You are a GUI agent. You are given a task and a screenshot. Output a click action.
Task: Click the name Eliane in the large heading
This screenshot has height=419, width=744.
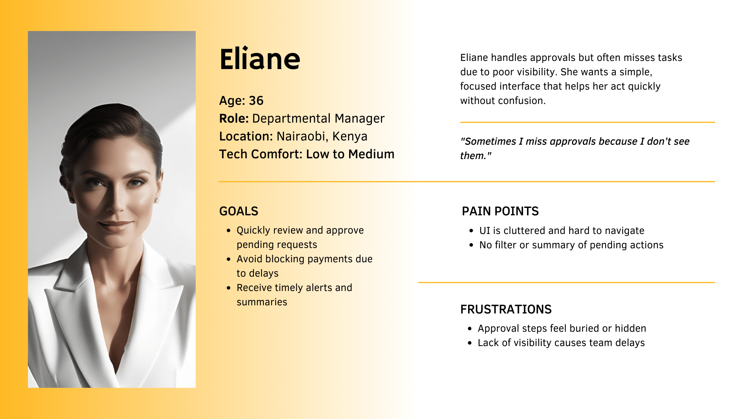coord(260,59)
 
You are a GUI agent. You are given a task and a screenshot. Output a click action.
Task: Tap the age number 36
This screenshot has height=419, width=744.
coord(256,100)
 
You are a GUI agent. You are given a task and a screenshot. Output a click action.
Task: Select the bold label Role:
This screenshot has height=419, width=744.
coord(234,118)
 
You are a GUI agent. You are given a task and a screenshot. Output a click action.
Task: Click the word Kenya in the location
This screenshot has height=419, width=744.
coord(350,136)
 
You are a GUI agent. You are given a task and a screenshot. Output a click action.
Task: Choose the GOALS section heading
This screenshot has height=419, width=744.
coord(239,211)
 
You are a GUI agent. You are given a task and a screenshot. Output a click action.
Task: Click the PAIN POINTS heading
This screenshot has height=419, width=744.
coord(500,211)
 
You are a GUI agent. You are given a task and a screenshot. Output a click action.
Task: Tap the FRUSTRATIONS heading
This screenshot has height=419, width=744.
coord(506,309)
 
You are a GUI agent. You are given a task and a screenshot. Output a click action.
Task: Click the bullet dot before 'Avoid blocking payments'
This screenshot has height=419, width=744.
coord(229,259)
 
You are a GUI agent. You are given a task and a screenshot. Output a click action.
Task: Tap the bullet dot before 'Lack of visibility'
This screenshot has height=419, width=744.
coord(470,343)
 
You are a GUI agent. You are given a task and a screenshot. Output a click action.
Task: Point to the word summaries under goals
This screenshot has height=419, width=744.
coord(262,302)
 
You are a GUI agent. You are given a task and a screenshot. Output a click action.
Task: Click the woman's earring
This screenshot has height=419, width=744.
coord(157,200)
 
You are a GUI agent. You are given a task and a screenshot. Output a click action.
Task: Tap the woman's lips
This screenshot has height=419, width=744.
coord(115,225)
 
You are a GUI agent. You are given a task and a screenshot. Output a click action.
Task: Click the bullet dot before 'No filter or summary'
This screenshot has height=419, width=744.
coord(471,245)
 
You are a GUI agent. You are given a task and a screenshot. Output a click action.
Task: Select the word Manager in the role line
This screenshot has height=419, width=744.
coord(360,119)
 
